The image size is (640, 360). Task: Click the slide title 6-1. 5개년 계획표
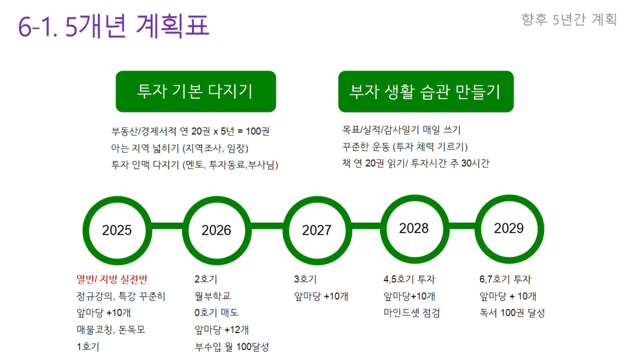[114, 26]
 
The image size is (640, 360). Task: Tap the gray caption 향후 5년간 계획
[569, 19]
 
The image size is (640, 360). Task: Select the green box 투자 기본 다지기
[196, 92]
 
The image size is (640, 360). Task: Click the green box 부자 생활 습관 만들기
[426, 92]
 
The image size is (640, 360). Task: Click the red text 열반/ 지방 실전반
[112, 279]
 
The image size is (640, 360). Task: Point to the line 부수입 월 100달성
[232, 347]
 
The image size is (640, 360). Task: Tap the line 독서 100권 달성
[512, 313]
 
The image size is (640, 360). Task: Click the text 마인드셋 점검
[412, 313]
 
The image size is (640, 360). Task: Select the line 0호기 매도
[216, 313]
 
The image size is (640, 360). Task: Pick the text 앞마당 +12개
[222, 329]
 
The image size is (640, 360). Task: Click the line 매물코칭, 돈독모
[111, 329]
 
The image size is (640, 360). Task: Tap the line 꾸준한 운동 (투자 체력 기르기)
[405, 147]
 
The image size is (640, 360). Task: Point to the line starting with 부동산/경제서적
[191, 131]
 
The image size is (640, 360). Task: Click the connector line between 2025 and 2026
[167, 226]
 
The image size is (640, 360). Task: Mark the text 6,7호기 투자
[505, 279]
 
